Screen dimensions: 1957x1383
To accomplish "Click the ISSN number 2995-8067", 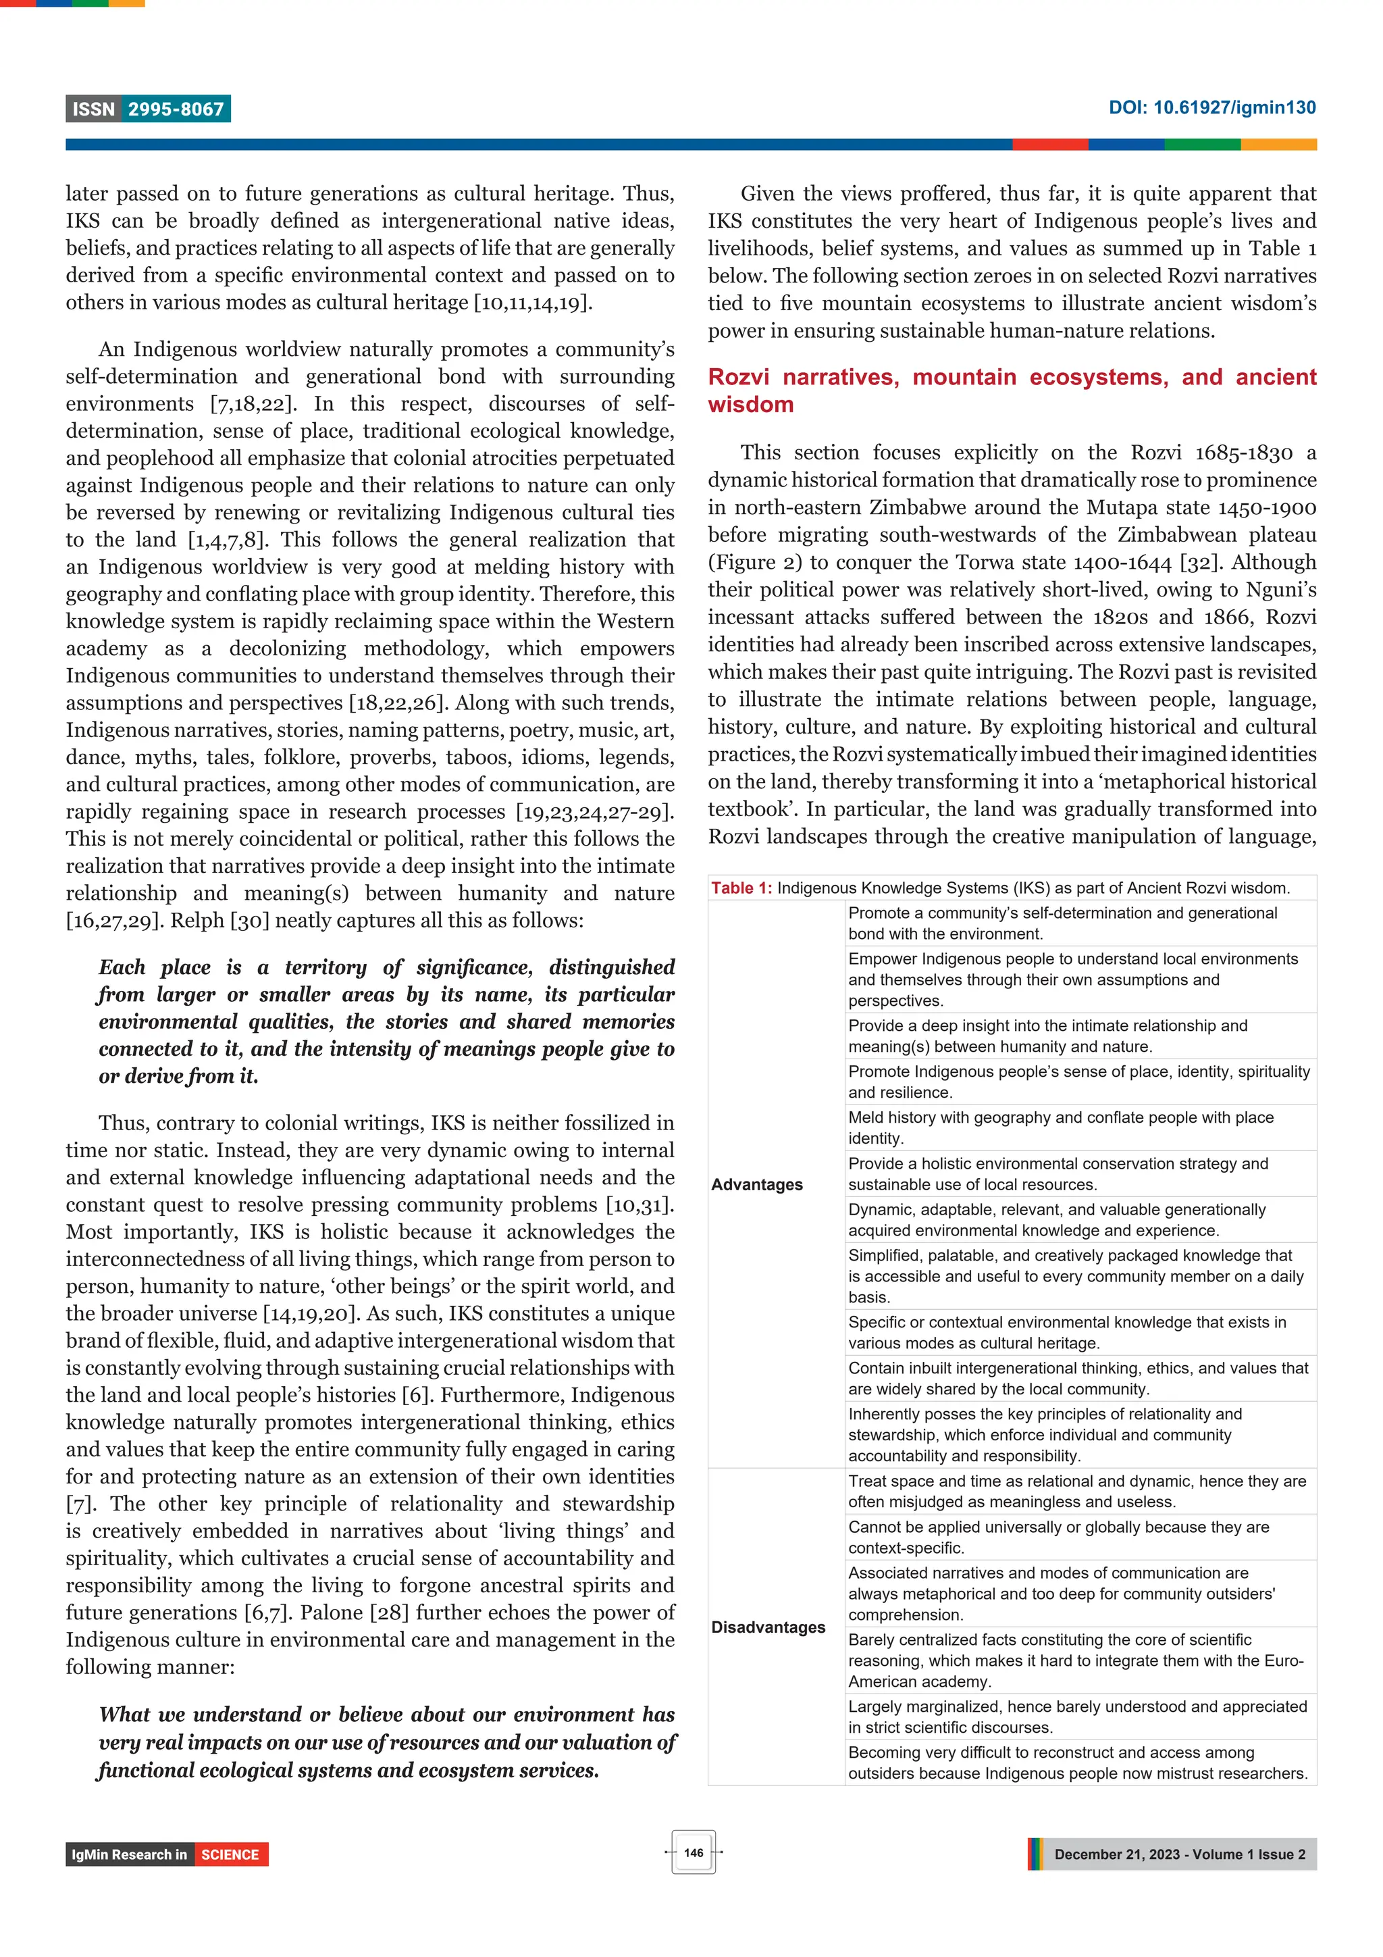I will point(176,109).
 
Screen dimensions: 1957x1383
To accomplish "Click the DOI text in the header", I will point(1211,107).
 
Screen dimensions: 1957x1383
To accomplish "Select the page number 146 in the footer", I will point(693,1852).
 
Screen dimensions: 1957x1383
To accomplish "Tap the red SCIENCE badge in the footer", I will point(230,1854).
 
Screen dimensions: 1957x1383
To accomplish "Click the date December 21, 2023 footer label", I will point(1178,1854).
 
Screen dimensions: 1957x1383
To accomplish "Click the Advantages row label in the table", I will point(757,1184).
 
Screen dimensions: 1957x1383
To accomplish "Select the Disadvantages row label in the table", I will point(768,1626).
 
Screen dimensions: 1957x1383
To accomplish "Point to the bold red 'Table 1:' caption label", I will point(741,888).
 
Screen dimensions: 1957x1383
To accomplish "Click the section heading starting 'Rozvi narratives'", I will point(1012,390).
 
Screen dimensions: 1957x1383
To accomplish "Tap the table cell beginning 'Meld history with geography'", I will point(1060,1127).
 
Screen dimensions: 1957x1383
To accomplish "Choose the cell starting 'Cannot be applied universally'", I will point(1058,1537).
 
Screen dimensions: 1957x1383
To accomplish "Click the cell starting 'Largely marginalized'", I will point(1077,1717).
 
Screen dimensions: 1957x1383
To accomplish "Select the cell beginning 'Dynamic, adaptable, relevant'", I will point(1057,1220).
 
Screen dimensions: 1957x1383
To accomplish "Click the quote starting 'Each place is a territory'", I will point(386,1021).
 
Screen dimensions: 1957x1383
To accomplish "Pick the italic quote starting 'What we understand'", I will point(386,1742).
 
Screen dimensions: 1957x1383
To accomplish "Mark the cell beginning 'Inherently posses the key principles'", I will point(1045,1435).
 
